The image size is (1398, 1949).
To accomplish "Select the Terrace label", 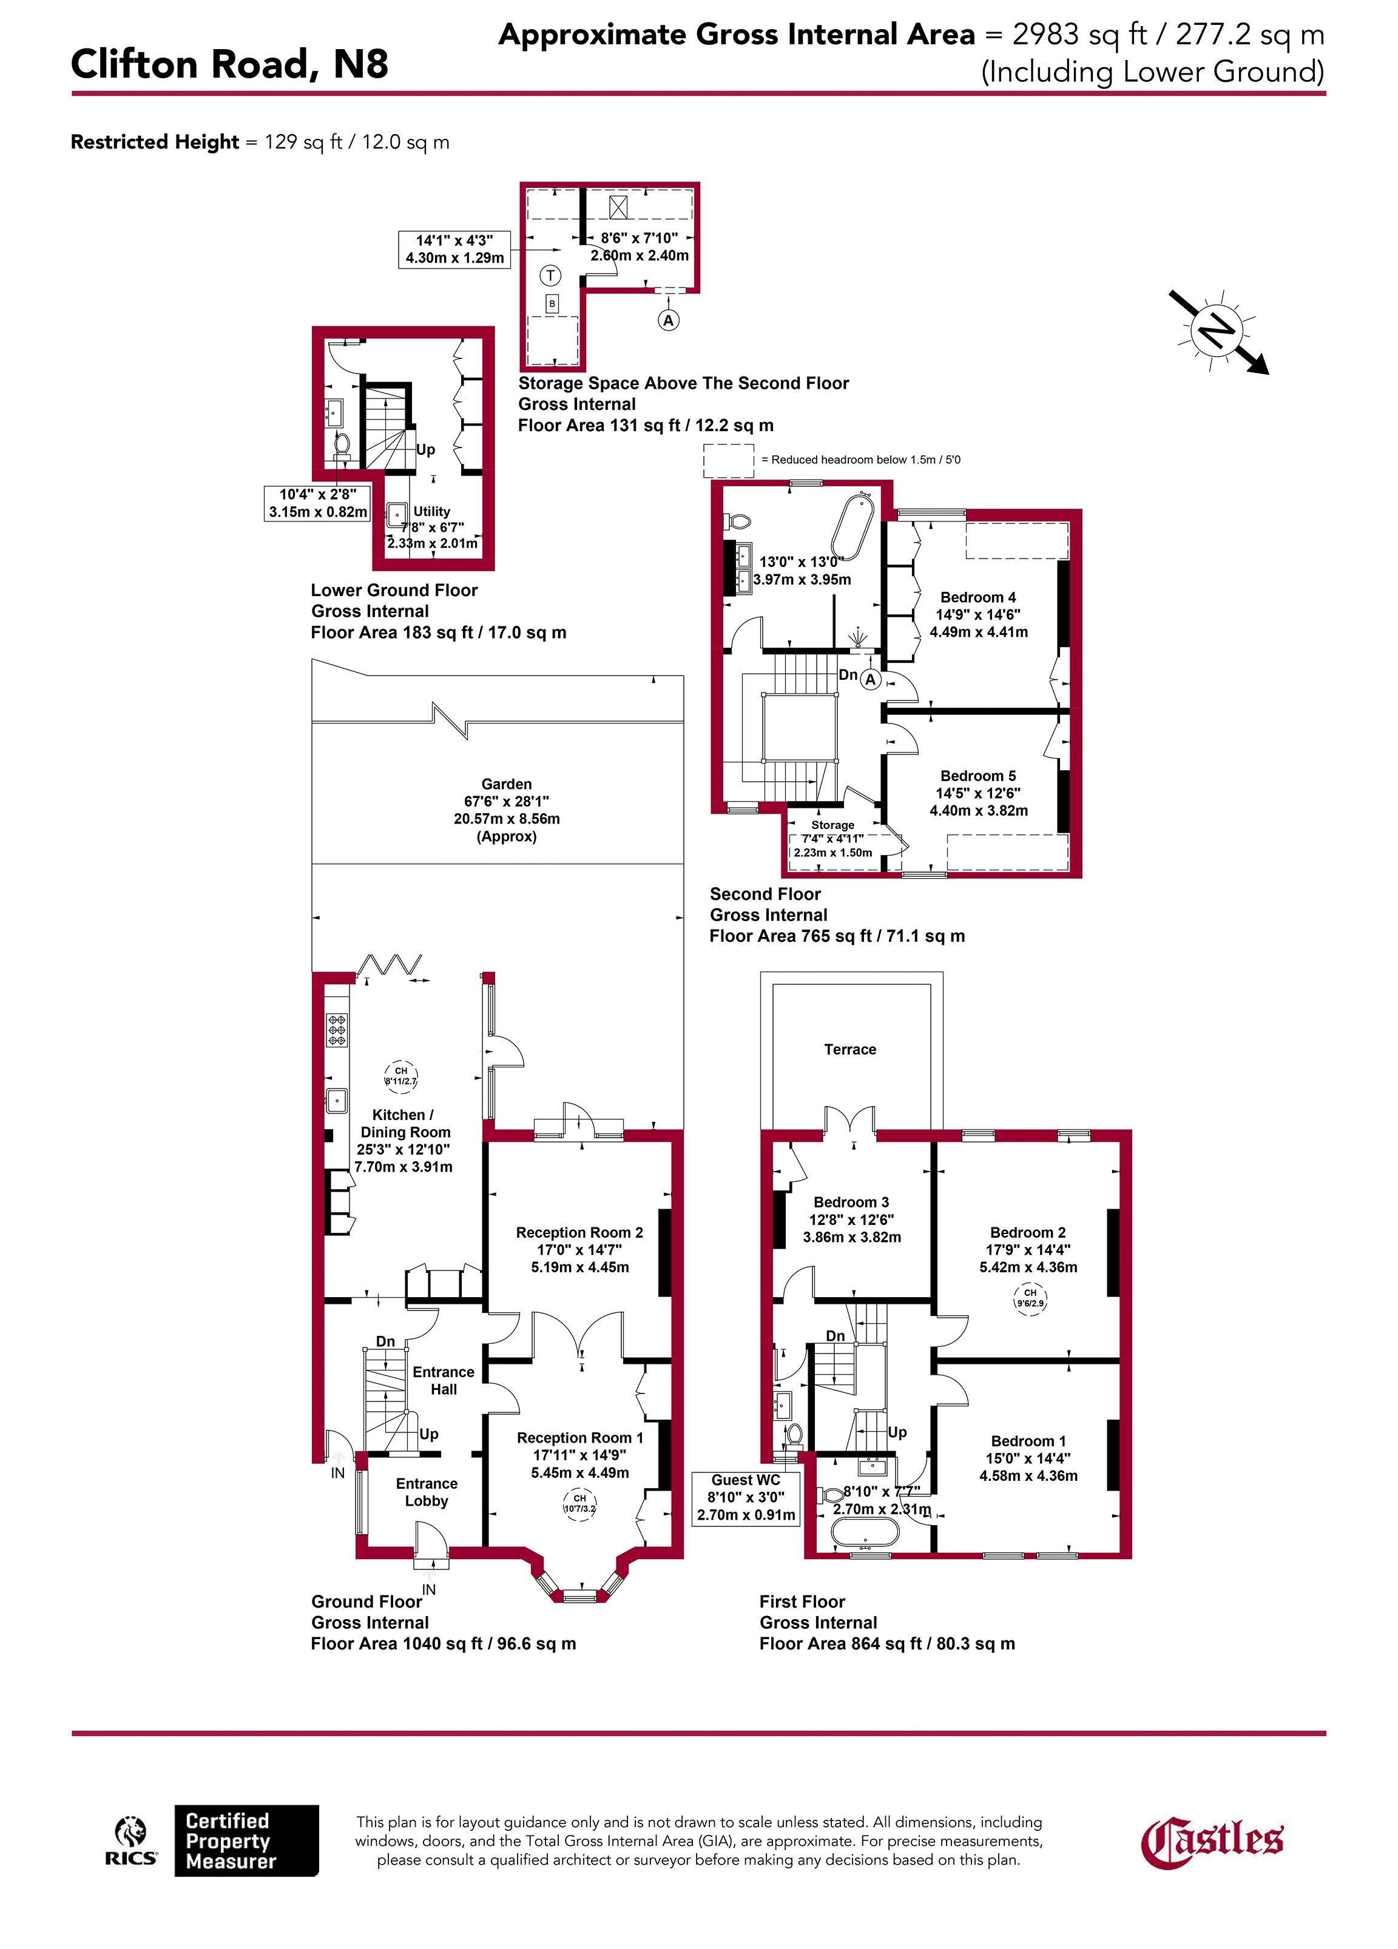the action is [849, 1049].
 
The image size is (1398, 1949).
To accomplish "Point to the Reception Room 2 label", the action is [579, 1232].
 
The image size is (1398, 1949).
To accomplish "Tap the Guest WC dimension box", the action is [746, 1497].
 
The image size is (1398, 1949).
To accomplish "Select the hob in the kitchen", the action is [336, 1030].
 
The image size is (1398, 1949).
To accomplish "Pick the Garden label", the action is [507, 783].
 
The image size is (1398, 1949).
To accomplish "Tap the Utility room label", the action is [431, 511].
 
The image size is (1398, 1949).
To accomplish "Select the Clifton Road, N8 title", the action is [229, 64].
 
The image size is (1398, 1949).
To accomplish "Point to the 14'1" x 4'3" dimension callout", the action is [455, 249].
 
